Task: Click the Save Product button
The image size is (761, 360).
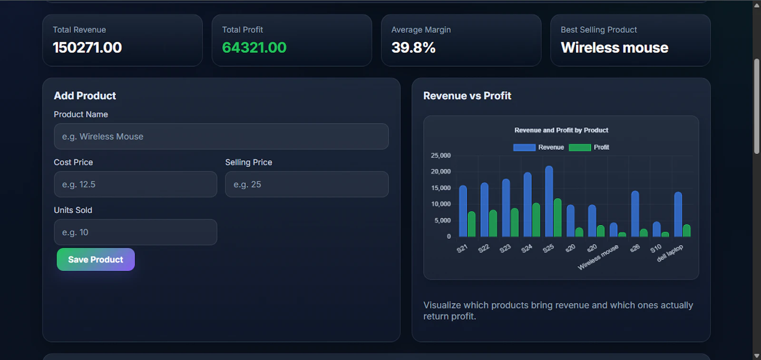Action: [x=96, y=260]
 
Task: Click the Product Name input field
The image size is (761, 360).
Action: [x=221, y=136]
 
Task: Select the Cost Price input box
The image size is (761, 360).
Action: [x=136, y=185]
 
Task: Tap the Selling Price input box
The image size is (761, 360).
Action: [x=307, y=185]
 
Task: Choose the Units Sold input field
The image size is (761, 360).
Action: [x=136, y=233]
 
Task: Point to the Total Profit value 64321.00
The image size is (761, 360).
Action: [x=254, y=48]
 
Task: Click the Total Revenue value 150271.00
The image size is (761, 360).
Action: [x=88, y=48]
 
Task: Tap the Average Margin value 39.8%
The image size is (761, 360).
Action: [x=413, y=48]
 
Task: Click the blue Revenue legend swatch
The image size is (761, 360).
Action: [x=524, y=147]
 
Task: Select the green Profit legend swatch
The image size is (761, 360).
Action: [x=580, y=147]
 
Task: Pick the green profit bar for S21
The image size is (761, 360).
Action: [x=471, y=224]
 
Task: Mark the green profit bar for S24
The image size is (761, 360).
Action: [x=536, y=220]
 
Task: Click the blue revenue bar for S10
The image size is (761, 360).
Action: [x=656, y=229]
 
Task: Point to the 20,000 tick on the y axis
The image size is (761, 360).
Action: [x=440, y=172]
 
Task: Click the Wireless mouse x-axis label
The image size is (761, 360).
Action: [x=598, y=257]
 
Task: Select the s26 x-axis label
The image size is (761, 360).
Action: [x=634, y=248]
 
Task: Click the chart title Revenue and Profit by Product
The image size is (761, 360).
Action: [x=561, y=130]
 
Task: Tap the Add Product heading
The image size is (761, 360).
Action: [x=85, y=96]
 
